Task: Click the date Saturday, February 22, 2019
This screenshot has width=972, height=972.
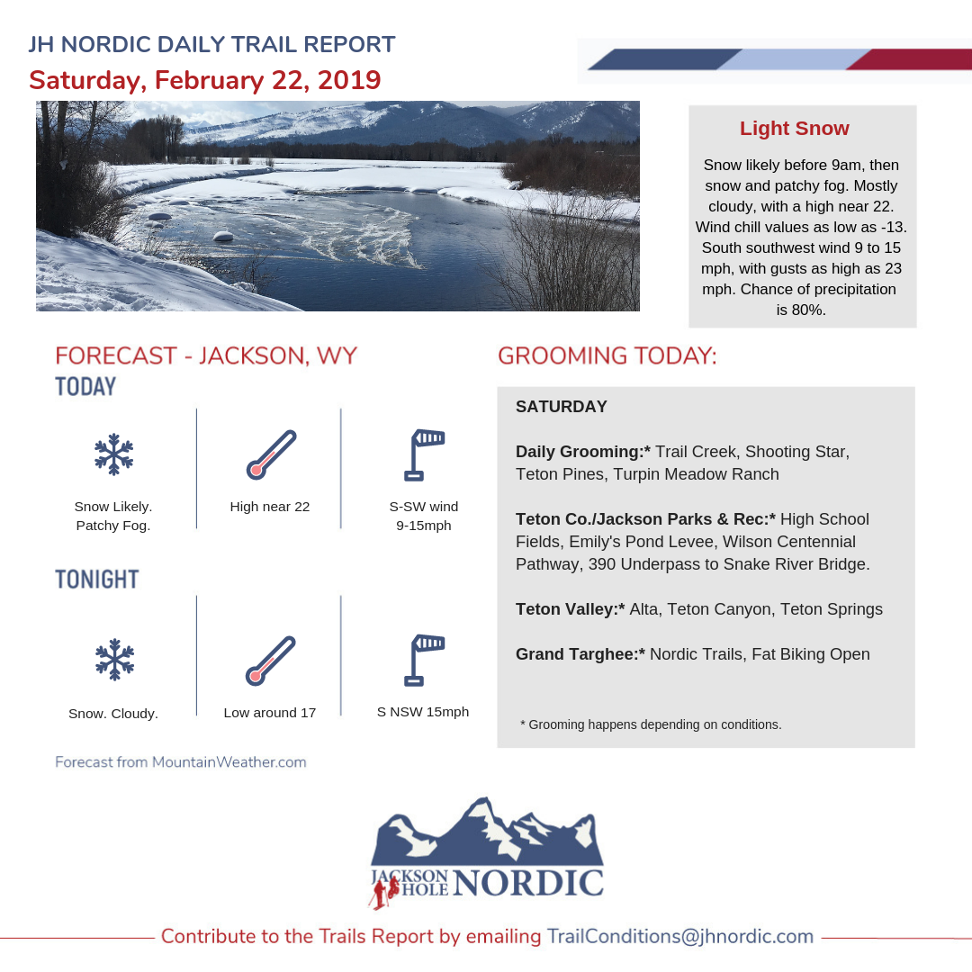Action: pyautogui.click(x=205, y=80)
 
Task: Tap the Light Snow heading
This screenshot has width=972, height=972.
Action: pyautogui.click(x=794, y=129)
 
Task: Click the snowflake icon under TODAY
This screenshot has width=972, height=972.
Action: pyautogui.click(x=113, y=454)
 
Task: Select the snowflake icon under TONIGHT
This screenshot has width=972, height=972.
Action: pyautogui.click(x=113, y=660)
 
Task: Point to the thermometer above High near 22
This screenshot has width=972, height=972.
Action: pyautogui.click(x=270, y=454)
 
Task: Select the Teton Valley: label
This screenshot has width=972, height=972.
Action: pyautogui.click(x=570, y=609)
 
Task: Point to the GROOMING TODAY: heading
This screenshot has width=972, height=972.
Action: pyautogui.click(x=607, y=355)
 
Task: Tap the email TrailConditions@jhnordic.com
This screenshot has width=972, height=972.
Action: pyautogui.click(x=679, y=936)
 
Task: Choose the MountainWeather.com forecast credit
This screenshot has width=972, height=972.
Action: pyautogui.click(x=180, y=762)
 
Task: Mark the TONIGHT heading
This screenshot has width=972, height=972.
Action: pyautogui.click(x=97, y=579)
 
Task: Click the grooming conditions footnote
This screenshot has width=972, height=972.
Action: pyautogui.click(x=651, y=724)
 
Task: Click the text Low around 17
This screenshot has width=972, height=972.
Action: pyautogui.click(x=270, y=713)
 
